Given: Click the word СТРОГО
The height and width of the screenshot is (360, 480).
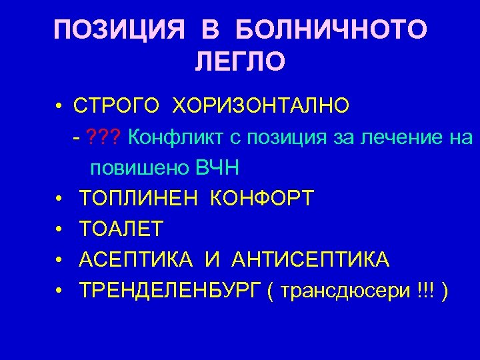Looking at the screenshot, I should click(x=117, y=105).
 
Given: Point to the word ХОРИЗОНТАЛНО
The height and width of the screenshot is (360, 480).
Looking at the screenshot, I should click(x=261, y=105).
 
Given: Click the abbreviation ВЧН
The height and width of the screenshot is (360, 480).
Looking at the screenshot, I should click(x=216, y=168).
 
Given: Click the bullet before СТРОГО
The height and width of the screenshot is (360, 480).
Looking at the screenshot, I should click(x=59, y=106).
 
